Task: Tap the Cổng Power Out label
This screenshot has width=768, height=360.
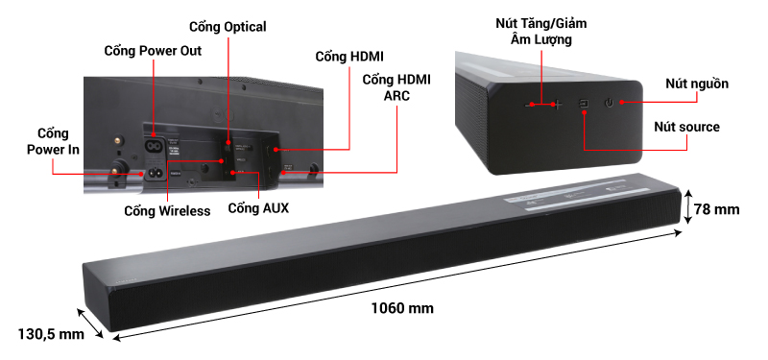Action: (153, 51)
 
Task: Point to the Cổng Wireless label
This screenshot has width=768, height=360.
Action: (166, 210)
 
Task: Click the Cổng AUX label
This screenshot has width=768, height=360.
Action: (258, 206)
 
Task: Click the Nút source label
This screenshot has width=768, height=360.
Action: (686, 127)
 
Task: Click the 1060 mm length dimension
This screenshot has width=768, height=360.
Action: (402, 309)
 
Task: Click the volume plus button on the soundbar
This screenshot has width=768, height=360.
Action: (559, 103)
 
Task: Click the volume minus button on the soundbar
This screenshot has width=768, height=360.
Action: (529, 103)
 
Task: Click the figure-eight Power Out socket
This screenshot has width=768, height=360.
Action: (154, 147)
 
